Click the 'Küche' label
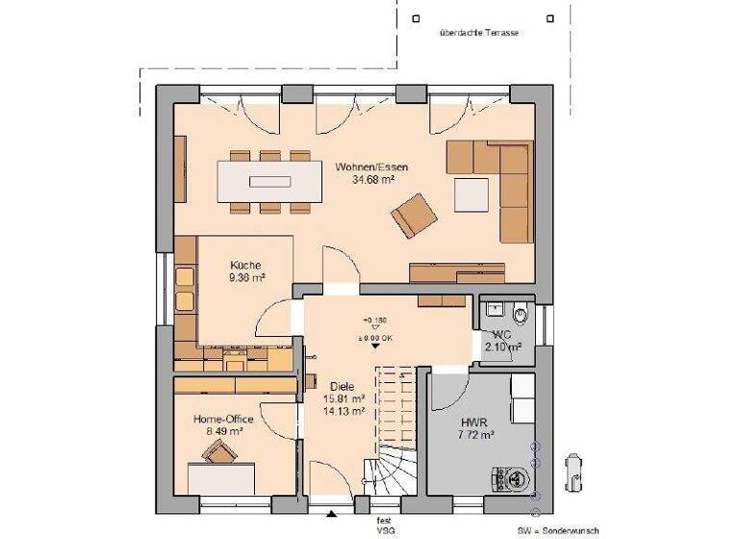pyautogui.click(x=244, y=266)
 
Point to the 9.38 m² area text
pyautogui.click(x=246, y=277)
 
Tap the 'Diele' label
pyautogui.click(x=342, y=386)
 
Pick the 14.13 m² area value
pyautogui.click(x=344, y=411)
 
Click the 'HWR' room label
pyautogui.click(x=472, y=422)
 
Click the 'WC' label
pyautogui.click(x=501, y=334)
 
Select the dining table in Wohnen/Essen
pyautogui.click(x=269, y=180)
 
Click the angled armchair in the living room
pyautogui.click(x=413, y=215)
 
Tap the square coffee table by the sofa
pyautogui.click(x=471, y=193)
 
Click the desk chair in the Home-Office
pyautogui.click(x=221, y=455)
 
